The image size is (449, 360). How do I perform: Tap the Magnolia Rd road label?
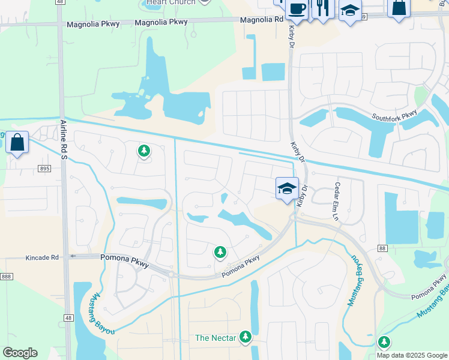261,20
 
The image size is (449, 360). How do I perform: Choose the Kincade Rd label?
42,257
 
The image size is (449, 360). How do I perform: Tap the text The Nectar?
215,338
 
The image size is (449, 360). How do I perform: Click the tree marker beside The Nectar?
245,337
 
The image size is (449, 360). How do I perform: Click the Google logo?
20,353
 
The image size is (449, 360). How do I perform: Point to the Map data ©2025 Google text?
412,355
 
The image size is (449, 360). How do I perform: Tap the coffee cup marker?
297,8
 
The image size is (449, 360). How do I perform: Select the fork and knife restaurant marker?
322,8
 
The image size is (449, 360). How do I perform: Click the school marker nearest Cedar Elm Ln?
287,188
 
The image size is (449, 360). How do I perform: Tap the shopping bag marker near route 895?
17,143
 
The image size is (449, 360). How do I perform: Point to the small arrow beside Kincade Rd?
71,256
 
